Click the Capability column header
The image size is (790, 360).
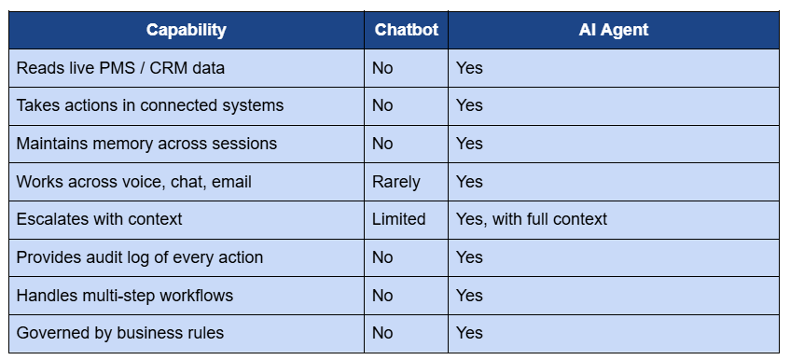tap(186, 30)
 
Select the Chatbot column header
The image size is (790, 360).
tap(406, 30)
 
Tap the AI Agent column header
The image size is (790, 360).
tap(613, 30)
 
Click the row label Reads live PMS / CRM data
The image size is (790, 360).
tap(120, 68)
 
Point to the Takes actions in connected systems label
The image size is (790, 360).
tap(149, 105)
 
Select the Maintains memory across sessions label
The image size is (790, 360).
tap(146, 144)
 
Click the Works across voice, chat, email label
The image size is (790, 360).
tap(133, 182)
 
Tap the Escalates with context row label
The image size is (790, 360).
tap(99, 219)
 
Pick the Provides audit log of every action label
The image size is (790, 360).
tap(140, 257)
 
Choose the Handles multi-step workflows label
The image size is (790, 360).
tap(124, 296)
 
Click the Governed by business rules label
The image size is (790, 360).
tap(120, 333)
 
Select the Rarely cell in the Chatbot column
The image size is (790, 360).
tap(395, 182)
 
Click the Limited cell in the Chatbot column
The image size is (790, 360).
tap(398, 219)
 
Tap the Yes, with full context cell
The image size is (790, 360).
tap(531, 219)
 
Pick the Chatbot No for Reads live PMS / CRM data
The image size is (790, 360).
tap(382, 68)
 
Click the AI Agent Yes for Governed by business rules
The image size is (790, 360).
tap(469, 333)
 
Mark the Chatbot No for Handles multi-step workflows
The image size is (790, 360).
tap(382, 296)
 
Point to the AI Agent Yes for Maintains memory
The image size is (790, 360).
tap(469, 144)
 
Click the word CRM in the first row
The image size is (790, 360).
tap(169, 68)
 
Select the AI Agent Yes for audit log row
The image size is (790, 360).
tap(469, 257)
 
